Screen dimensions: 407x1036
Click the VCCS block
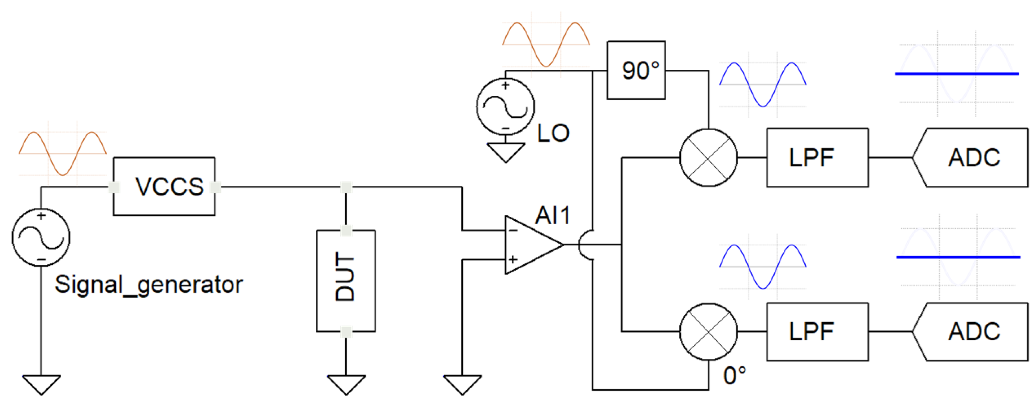164,187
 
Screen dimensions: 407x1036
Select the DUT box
346,281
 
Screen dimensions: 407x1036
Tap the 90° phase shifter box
636,71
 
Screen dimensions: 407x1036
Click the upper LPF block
817,158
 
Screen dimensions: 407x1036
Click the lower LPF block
817,332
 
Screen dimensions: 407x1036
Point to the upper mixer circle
708,158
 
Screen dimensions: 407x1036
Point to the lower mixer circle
708,332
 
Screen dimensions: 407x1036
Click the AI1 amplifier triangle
529,244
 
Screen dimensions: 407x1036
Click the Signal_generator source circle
41,237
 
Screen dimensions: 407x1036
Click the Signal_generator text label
149,285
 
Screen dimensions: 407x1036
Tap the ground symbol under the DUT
346,384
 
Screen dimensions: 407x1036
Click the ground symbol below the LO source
506,152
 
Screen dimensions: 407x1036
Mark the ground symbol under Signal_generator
41,384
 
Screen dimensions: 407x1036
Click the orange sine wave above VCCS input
62,153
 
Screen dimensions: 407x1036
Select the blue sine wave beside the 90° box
762,84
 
